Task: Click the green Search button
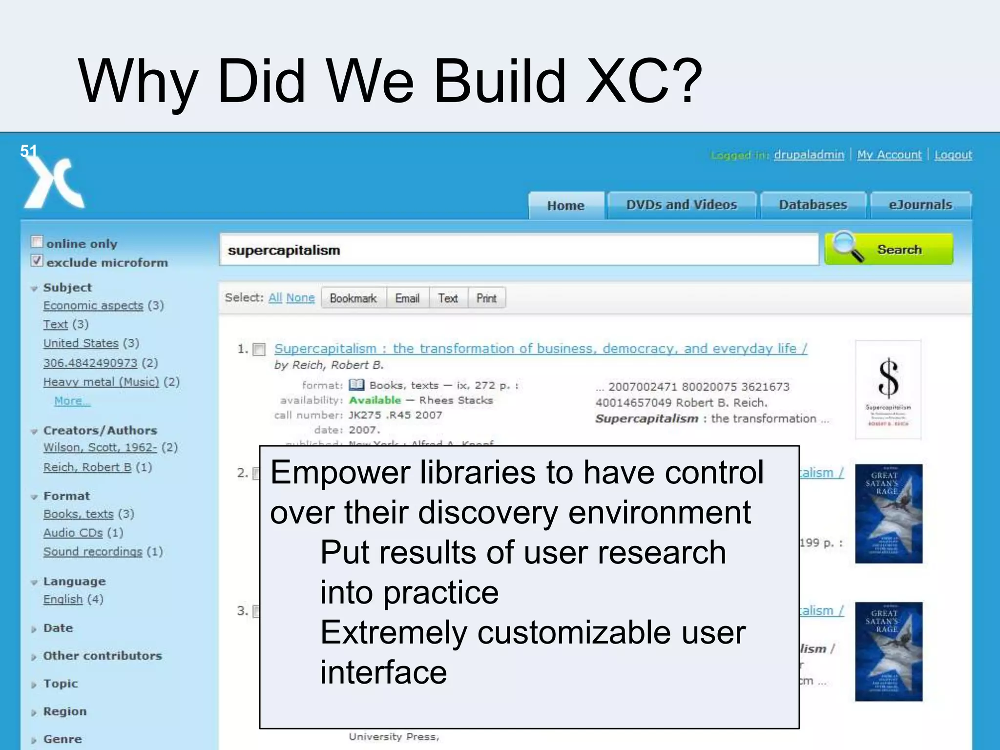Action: point(889,250)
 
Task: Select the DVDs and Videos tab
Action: point(681,205)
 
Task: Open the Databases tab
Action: point(812,205)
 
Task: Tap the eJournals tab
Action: point(920,205)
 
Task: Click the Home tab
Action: point(565,206)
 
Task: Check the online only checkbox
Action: point(37,242)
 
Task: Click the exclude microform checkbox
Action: point(37,261)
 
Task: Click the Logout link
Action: point(953,155)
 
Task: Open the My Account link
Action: point(889,155)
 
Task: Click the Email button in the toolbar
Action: point(407,298)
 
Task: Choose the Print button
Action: point(486,298)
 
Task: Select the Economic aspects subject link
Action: point(93,306)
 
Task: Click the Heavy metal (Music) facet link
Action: point(101,382)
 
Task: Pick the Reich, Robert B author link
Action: point(87,467)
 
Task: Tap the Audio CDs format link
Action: point(73,533)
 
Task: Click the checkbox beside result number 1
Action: point(259,350)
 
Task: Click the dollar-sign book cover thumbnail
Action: point(888,390)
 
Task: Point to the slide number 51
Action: point(28,151)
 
